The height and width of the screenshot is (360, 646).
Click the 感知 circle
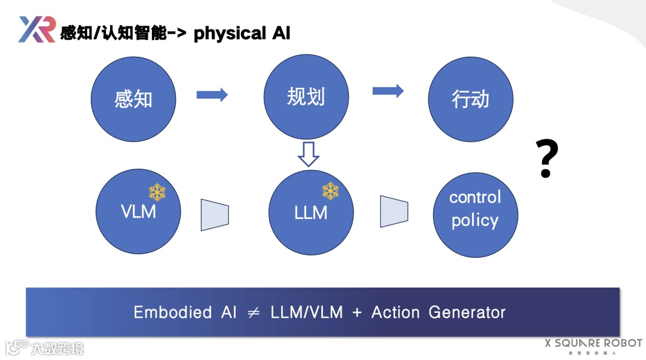coord(133,99)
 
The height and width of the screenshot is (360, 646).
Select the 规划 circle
coord(306,97)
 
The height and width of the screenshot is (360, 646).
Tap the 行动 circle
coord(471,99)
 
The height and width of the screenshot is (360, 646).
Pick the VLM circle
coord(138,212)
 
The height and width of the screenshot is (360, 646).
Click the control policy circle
coord(476,212)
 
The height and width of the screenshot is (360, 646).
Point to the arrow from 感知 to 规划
coord(212,94)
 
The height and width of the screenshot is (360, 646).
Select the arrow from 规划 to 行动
coord(388,91)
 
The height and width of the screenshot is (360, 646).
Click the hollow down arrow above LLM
coord(309,154)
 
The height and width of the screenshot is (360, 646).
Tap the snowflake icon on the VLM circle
coord(157,192)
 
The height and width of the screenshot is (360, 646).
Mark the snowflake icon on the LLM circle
coord(331,191)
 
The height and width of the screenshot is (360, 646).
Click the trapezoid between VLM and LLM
coord(215,215)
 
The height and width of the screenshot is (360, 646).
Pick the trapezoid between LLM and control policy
coord(394,212)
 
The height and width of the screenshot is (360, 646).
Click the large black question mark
coord(546,158)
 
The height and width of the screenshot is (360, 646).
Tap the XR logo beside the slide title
coord(36,29)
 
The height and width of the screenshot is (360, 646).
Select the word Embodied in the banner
coord(173,312)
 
